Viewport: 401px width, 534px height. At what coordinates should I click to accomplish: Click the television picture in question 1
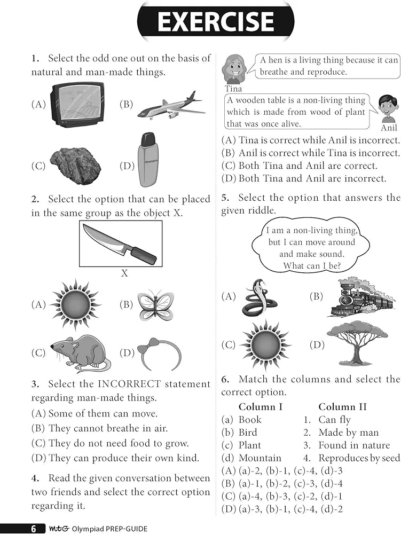77,104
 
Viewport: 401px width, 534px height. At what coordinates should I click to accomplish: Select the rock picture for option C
75,166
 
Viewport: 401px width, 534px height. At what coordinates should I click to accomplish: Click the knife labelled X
120,244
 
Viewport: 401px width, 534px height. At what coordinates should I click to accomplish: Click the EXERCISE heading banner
215,21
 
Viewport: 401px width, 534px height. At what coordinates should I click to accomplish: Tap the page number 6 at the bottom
34,529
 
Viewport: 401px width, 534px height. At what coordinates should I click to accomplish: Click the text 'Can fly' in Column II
335,420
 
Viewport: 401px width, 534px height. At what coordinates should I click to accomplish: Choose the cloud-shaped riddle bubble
311,247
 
